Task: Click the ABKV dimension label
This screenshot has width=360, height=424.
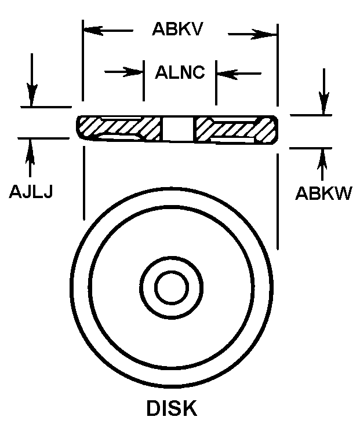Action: (x=177, y=28)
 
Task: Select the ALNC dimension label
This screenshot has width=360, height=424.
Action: (x=180, y=72)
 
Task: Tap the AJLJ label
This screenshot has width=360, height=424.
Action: (x=31, y=192)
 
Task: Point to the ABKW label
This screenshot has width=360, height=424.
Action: (x=323, y=193)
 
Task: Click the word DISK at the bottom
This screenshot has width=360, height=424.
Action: (x=172, y=408)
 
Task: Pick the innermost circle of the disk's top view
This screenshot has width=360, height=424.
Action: (x=172, y=287)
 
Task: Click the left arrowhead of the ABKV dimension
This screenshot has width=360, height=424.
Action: (x=93, y=30)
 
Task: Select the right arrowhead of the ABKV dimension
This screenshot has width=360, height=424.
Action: (x=264, y=34)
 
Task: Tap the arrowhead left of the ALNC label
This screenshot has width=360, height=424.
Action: (x=133, y=72)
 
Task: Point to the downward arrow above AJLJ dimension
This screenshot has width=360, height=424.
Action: (x=32, y=79)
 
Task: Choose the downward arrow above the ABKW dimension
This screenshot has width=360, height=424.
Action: (x=323, y=92)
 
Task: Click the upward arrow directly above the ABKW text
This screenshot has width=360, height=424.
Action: (x=322, y=165)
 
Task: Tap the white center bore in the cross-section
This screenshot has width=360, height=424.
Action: (x=178, y=129)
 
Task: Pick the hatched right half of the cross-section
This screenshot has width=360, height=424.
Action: (x=235, y=130)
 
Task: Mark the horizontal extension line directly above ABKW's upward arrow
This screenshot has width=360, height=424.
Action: (x=311, y=148)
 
